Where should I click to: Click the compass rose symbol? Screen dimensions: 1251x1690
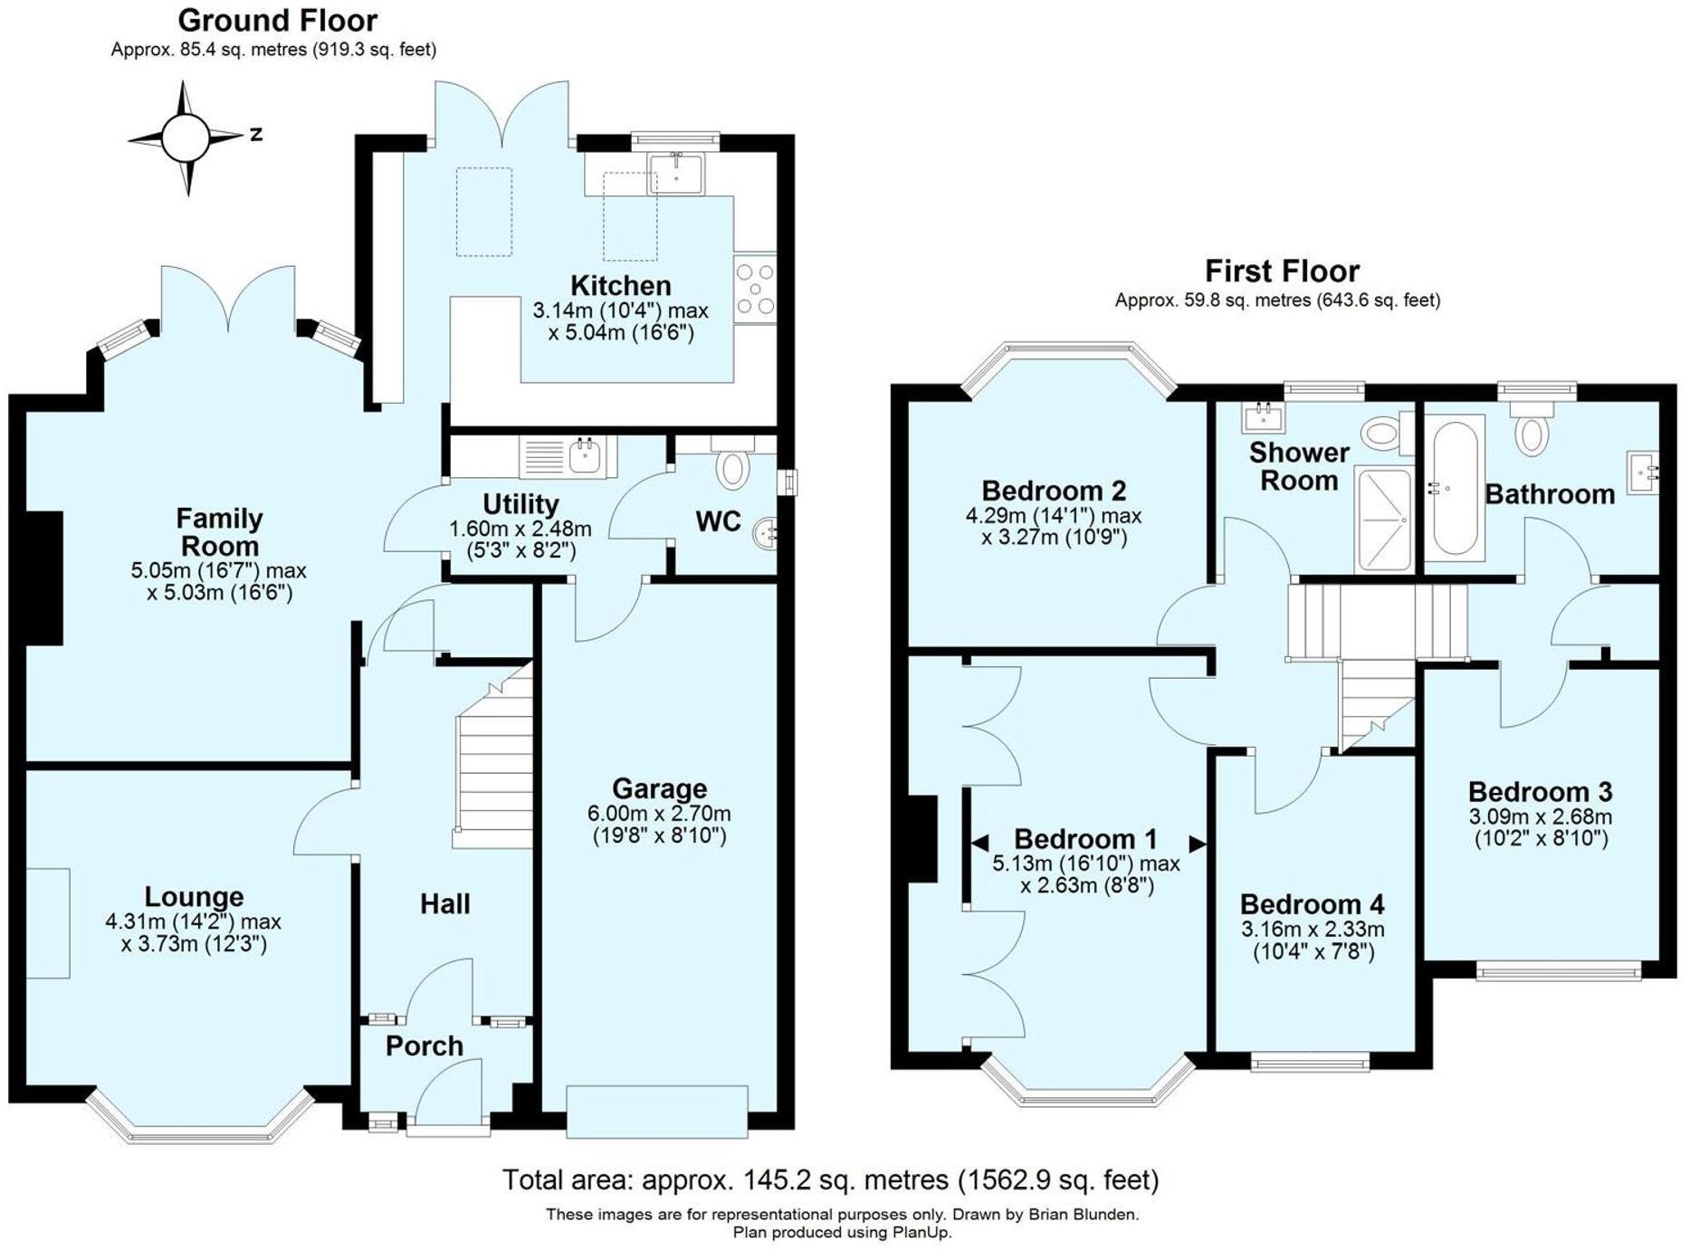click(x=186, y=138)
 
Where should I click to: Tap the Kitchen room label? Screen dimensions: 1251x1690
click(x=620, y=286)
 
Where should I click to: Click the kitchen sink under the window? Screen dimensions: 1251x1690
click(x=676, y=173)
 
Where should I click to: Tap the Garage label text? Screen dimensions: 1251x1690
click(x=659, y=788)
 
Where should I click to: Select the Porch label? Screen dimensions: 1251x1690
click(x=424, y=1046)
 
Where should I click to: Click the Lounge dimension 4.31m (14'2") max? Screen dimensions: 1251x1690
click(x=193, y=922)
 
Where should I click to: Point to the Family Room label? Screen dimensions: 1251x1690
click(x=219, y=532)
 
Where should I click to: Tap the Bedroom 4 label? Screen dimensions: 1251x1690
click(x=1312, y=904)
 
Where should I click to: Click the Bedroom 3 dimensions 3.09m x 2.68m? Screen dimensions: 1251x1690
click(x=1540, y=816)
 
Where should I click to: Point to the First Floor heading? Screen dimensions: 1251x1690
click(x=1281, y=272)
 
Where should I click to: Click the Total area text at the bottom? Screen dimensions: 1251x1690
click(x=830, y=1180)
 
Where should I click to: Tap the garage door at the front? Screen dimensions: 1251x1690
click(x=657, y=1111)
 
